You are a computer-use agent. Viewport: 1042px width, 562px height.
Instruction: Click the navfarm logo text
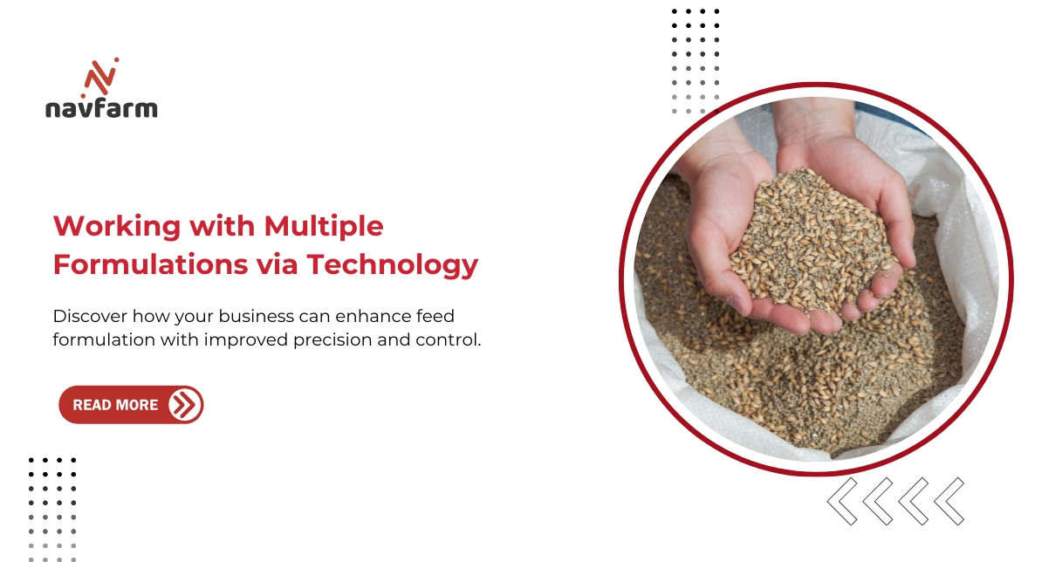coord(101,108)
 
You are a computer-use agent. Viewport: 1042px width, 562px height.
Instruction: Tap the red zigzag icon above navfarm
coord(101,77)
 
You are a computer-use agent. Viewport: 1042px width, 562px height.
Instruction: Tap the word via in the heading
coord(277,264)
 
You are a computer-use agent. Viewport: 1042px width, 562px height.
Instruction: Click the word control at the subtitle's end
coord(453,339)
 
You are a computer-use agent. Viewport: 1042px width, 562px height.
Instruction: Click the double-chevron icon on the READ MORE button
coord(183,405)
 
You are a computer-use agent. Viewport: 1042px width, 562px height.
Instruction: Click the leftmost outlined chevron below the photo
coord(842,502)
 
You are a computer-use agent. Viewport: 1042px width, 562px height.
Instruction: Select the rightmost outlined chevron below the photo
coord(949,502)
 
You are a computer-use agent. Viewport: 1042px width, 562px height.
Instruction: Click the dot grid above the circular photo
coord(696,61)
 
